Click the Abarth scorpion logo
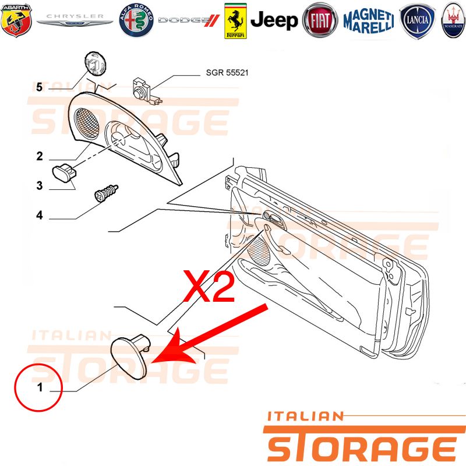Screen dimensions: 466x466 tap(16, 20)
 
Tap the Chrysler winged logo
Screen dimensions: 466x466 tap(75, 20)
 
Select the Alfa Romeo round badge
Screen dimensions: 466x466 tap(136, 20)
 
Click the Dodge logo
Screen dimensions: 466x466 tap(189, 20)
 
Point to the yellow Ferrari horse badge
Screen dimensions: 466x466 tap(235, 21)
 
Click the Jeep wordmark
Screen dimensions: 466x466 tap(274, 20)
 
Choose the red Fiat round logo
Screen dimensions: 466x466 tap(320, 20)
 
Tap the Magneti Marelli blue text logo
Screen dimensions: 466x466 tap(369, 21)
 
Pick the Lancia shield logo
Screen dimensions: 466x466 tap(418, 21)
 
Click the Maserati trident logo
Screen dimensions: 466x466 tap(453, 20)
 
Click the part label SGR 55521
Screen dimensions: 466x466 tap(227, 72)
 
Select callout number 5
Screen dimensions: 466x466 tap(39, 87)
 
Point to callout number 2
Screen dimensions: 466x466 tap(40, 156)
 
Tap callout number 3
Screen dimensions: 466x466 tap(40, 186)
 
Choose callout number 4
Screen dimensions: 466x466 tap(40, 215)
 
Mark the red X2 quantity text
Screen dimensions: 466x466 tap(209, 286)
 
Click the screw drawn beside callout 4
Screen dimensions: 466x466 tap(107, 193)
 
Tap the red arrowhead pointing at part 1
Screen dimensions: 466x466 tap(171, 349)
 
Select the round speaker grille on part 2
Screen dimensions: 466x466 tap(86, 123)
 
